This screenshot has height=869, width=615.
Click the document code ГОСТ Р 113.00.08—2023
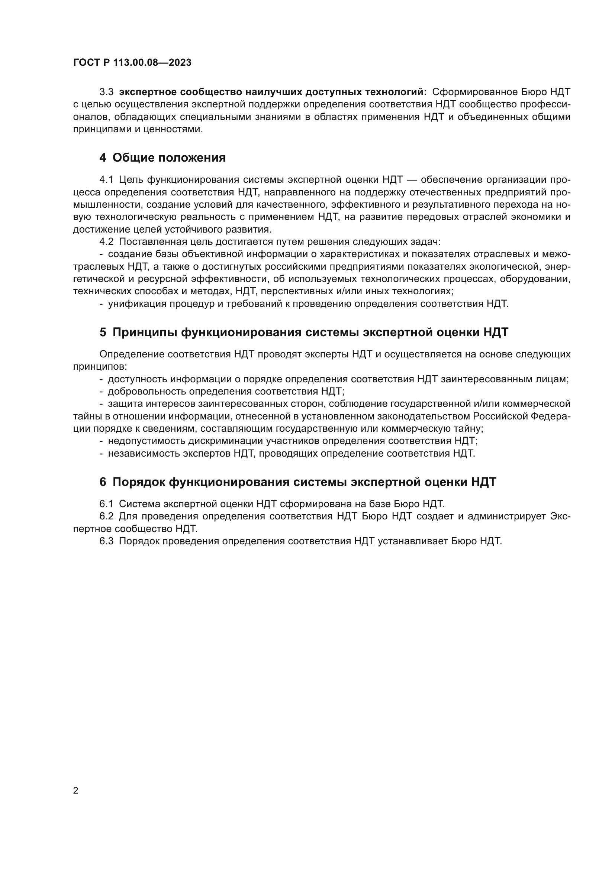pos(132,63)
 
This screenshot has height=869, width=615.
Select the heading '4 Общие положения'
pos(162,158)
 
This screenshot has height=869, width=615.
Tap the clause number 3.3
pos(106,92)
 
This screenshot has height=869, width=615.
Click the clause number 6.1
pos(106,504)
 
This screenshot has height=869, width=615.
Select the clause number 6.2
pos(106,516)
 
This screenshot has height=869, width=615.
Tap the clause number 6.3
pos(106,541)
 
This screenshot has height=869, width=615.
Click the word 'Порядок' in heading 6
pos(138,482)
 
